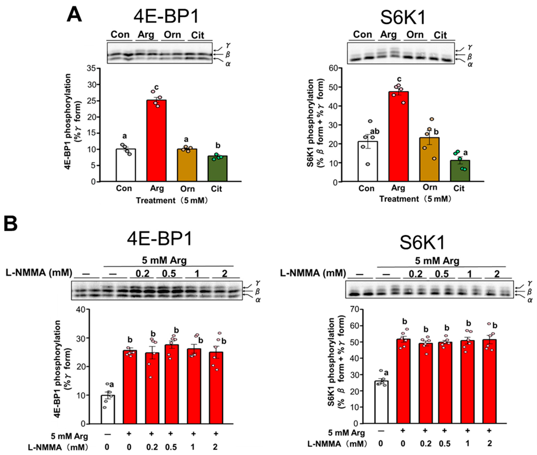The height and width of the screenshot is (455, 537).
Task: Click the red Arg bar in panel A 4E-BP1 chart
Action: pos(156,141)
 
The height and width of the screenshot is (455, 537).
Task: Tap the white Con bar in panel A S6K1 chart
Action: pos(368,161)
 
